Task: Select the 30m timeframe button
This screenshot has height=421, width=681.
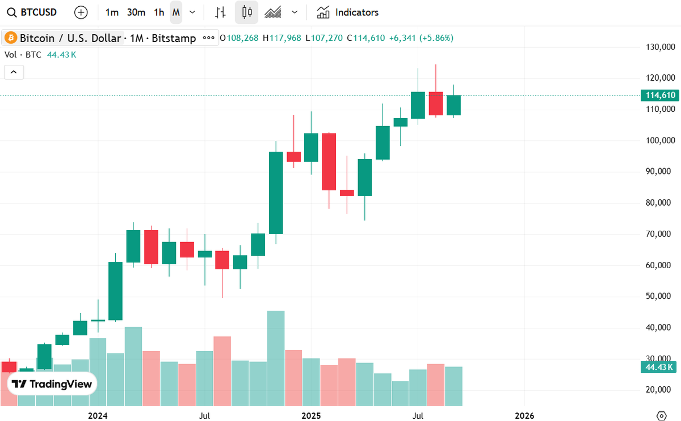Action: (136, 12)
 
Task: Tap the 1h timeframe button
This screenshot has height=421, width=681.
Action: (159, 12)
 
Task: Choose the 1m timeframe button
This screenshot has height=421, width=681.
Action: (112, 12)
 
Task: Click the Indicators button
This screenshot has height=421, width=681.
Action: (348, 12)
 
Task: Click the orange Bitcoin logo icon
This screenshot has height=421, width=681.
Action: (10, 38)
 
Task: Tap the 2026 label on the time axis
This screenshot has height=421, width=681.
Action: (524, 416)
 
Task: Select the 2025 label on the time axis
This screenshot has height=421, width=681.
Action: (311, 416)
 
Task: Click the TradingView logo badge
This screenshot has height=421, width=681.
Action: (52, 384)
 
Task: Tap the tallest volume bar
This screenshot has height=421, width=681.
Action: (276, 358)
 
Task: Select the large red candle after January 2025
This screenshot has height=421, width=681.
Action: (329, 161)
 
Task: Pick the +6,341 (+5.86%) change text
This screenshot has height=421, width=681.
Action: (421, 38)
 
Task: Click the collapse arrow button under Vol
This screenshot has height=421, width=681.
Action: (14, 72)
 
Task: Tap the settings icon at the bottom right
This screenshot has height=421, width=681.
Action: (661, 416)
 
